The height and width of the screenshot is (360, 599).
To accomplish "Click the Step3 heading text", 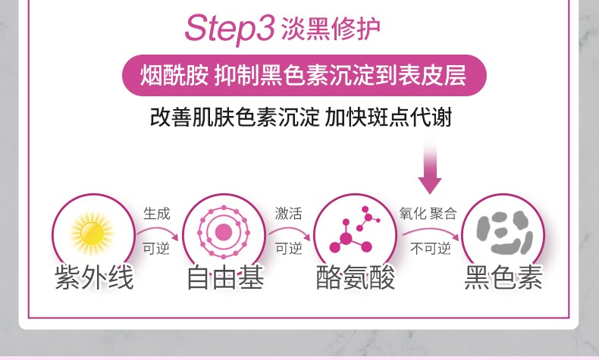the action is tap(230, 28).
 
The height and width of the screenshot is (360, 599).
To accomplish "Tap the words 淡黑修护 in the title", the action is tap(331, 29).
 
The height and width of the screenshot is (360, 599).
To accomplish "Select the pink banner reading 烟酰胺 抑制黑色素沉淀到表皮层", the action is tap(304, 75).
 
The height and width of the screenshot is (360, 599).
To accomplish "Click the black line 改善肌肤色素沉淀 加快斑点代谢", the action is tap(301, 117).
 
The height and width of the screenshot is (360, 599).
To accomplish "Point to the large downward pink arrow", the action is tap(430, 165).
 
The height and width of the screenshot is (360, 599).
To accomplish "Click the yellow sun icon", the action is tap(92, 233).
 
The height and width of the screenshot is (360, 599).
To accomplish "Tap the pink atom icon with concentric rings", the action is tap(224, 232).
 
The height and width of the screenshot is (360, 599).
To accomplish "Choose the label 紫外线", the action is tap(94, 277).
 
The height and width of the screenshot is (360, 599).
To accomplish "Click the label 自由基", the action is tap(225, 277).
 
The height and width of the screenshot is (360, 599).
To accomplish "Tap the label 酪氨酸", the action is tap(356, 277).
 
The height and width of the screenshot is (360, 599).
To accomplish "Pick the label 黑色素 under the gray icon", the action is tap(503, 277).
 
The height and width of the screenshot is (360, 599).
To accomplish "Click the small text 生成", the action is tap(157, 214).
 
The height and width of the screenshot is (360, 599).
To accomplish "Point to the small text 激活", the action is tap(288, 214).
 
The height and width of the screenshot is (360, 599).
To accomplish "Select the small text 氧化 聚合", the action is tap(428, 214).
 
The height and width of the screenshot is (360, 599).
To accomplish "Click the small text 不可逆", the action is tap(431, 249).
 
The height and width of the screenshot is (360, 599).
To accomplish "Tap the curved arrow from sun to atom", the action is tap(158, 230).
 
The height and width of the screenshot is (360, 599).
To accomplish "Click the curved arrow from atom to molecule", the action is tap(289, 230).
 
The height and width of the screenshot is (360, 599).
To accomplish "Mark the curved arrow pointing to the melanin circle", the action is tap(431, 230).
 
